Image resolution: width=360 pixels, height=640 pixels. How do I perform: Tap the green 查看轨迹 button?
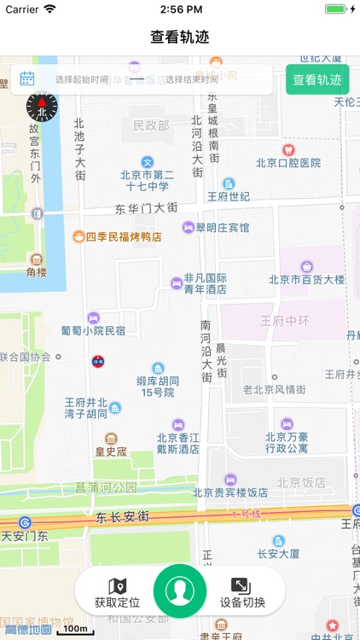click(x=317, y=80)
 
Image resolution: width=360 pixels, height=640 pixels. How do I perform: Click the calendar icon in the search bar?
click(x=27, y=79)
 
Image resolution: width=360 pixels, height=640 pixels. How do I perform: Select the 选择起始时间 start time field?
click(x=82, y=80)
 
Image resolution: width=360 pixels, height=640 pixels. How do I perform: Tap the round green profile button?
click(x=179, y=590)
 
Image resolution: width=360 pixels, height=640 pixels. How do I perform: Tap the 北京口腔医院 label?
click(x=288, y=162)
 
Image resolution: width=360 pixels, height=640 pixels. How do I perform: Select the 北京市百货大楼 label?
click(x=306, y=279)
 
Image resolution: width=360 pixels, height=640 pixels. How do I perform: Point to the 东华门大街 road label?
click(x=147, y=208)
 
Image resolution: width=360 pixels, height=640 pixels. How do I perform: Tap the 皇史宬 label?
click(x=110, y=451)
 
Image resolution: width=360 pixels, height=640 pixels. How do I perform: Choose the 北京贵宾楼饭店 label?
click(x=230, y=492)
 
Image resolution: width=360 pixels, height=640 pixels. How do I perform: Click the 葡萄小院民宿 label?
click(x=93, y=329)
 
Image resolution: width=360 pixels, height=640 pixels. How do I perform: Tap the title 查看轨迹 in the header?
click(x=180, y=37)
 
